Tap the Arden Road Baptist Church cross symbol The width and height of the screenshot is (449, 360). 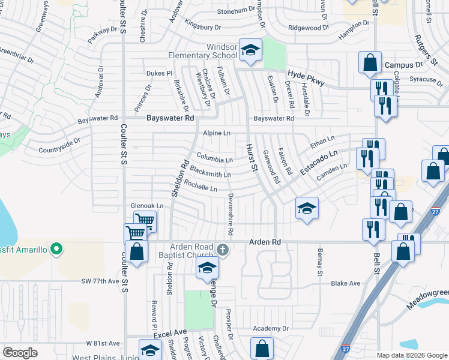[x=222, y=249]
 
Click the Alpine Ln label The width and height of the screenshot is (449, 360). [x=216, y=133]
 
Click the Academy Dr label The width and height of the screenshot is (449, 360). [x=270, y=329]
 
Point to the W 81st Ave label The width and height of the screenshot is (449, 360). [x=103, y=343]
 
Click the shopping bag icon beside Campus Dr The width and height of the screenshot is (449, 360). [x=370, y=61]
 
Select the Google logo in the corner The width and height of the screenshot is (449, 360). [x=20, y=353]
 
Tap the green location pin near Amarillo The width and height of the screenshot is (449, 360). [x=56, y=248]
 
